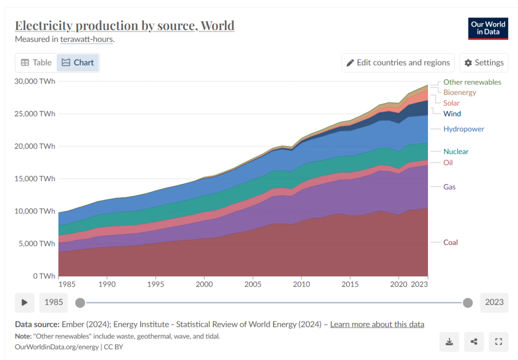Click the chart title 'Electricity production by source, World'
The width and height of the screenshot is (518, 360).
pos(124,25)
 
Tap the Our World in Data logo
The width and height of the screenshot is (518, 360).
pos(487,28)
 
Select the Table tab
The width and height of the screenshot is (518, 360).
pos(36,62)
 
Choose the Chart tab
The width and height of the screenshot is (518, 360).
pos(78,62)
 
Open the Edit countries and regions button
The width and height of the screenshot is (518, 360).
pos(398,62)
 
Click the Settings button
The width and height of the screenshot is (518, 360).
pos(483,62)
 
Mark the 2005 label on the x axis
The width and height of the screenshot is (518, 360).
pos(253,284)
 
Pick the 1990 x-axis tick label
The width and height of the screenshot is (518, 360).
pos(107,284)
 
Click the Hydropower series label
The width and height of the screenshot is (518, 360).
pos(463,129)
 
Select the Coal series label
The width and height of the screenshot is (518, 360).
pos(450,242)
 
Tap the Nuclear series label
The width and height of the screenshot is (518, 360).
pos(456,151)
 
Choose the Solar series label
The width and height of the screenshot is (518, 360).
pos(451,103)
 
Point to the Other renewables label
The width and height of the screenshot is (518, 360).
pos(472,82)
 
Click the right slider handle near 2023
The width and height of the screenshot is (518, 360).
pos(467,302)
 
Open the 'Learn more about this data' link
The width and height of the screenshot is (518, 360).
pos(377,324)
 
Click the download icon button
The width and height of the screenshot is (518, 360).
pos(449,342)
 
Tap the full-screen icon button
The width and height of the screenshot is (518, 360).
pos(497,342)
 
